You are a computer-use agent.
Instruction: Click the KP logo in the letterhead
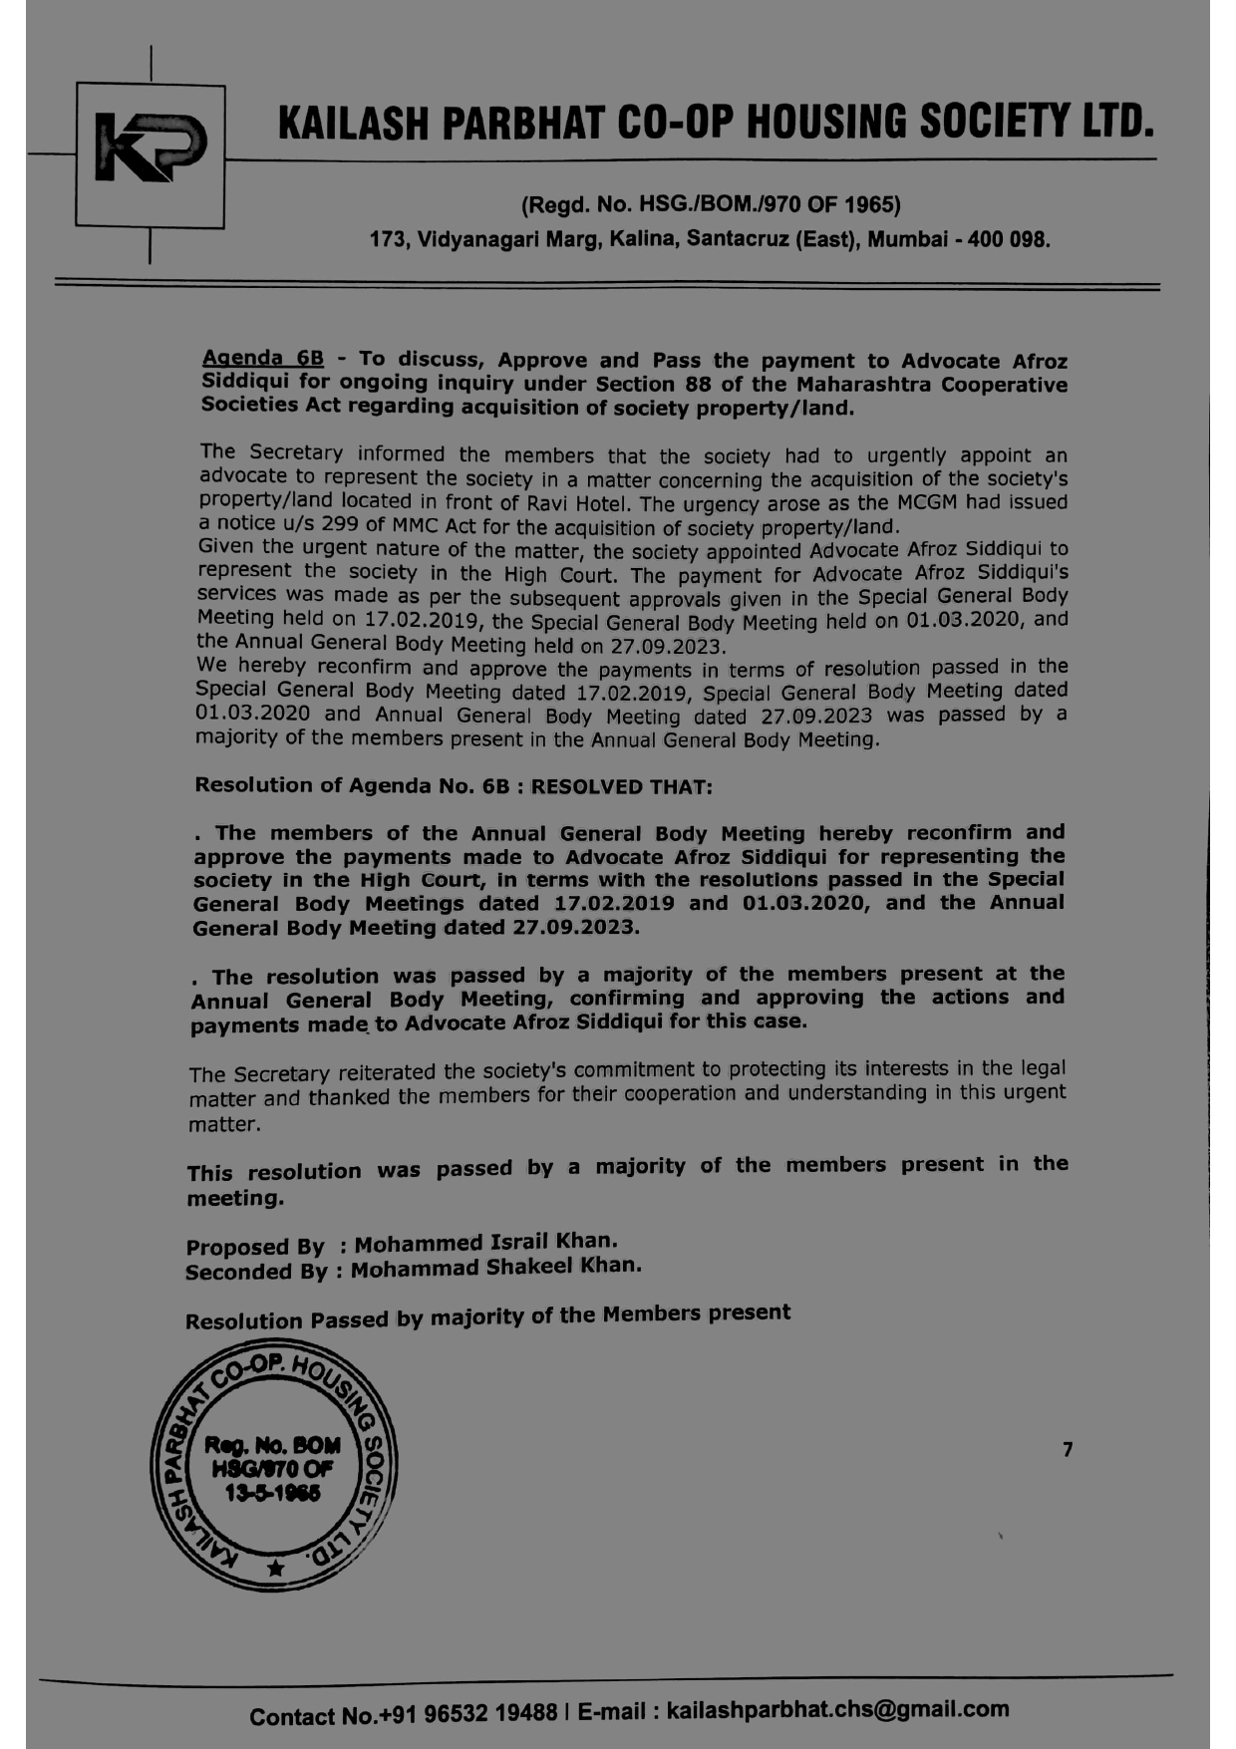pyautogui.click(x=151, y=151)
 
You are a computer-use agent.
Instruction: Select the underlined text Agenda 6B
pyautogui.click(x=262, y=358)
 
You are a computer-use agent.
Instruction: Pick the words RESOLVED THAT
pyautogui.click(x=622, y=786)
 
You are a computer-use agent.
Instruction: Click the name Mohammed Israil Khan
pyautogui.click(x=485, y=1243)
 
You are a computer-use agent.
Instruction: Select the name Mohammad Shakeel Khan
pyautogui.click(x=495, y=1268)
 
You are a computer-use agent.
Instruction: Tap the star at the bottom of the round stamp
pyautogui.click(x=276, y=1569)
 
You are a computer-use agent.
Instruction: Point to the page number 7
pyautogui.click(x=1068, y=1450)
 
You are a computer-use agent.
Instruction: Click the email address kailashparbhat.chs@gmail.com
pyautogui.click(x=837, y=1710)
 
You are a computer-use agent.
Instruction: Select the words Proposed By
pyautogui.click(x=255, y=1247)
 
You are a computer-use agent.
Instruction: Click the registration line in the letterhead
pyautogui.click(x=711, y=205)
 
